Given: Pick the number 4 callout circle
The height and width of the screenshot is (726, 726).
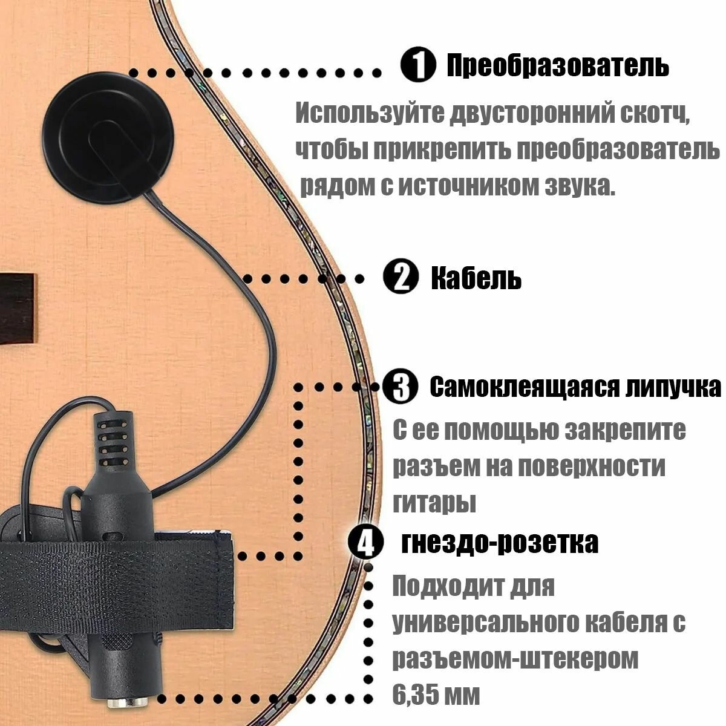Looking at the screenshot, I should (366, 541).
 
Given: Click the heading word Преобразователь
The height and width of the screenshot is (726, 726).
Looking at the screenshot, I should (557, 65).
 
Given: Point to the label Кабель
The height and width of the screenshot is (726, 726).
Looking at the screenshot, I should (476, 278).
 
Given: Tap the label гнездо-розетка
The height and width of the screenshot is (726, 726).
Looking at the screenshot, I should (500, 543).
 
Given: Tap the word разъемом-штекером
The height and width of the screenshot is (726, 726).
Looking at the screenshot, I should (515, 659).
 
